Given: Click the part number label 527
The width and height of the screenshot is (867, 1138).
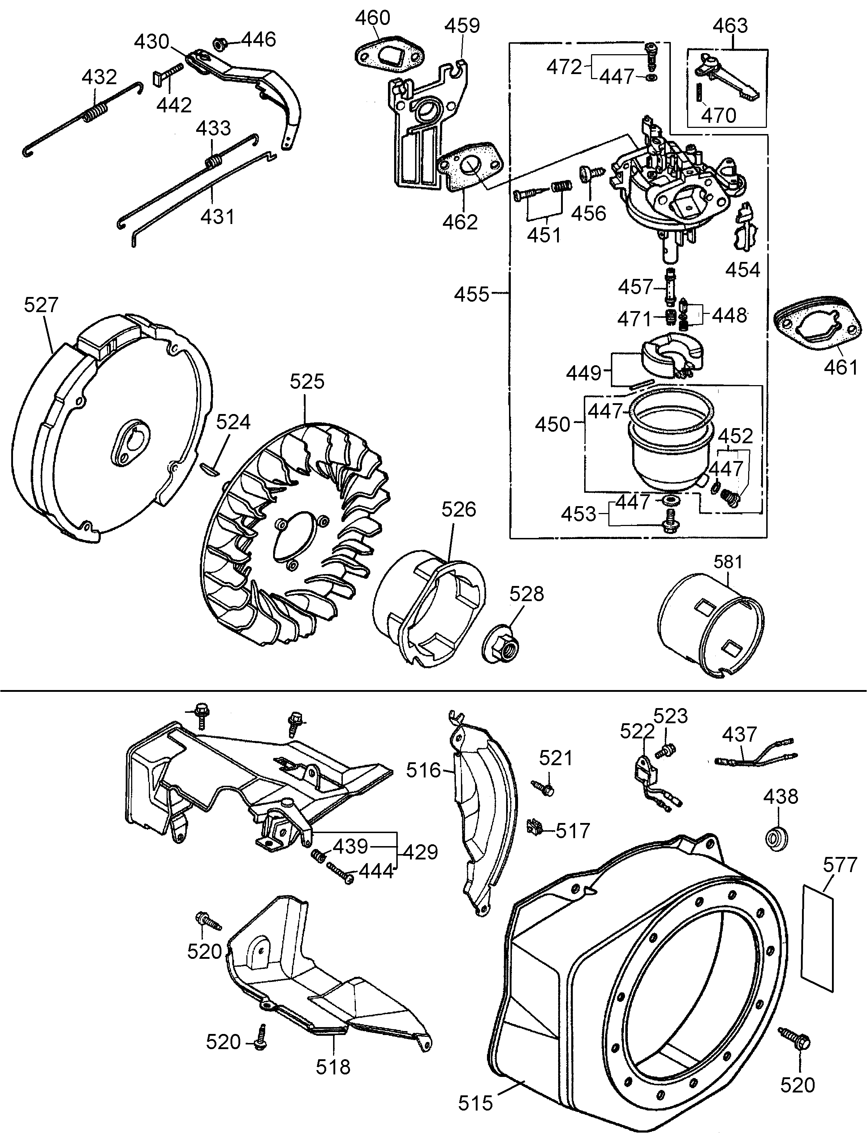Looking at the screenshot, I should tap(41, 305).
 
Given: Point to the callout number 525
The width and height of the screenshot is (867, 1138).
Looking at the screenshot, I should tap(307, 382).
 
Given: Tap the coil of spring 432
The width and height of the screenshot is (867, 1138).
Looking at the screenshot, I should tap(96, 113).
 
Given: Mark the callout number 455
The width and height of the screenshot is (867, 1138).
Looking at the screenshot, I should tap(471, 294).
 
